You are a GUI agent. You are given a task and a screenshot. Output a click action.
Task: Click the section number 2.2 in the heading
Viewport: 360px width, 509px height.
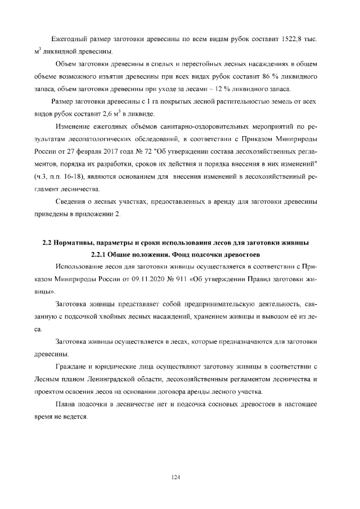point(48,243)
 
